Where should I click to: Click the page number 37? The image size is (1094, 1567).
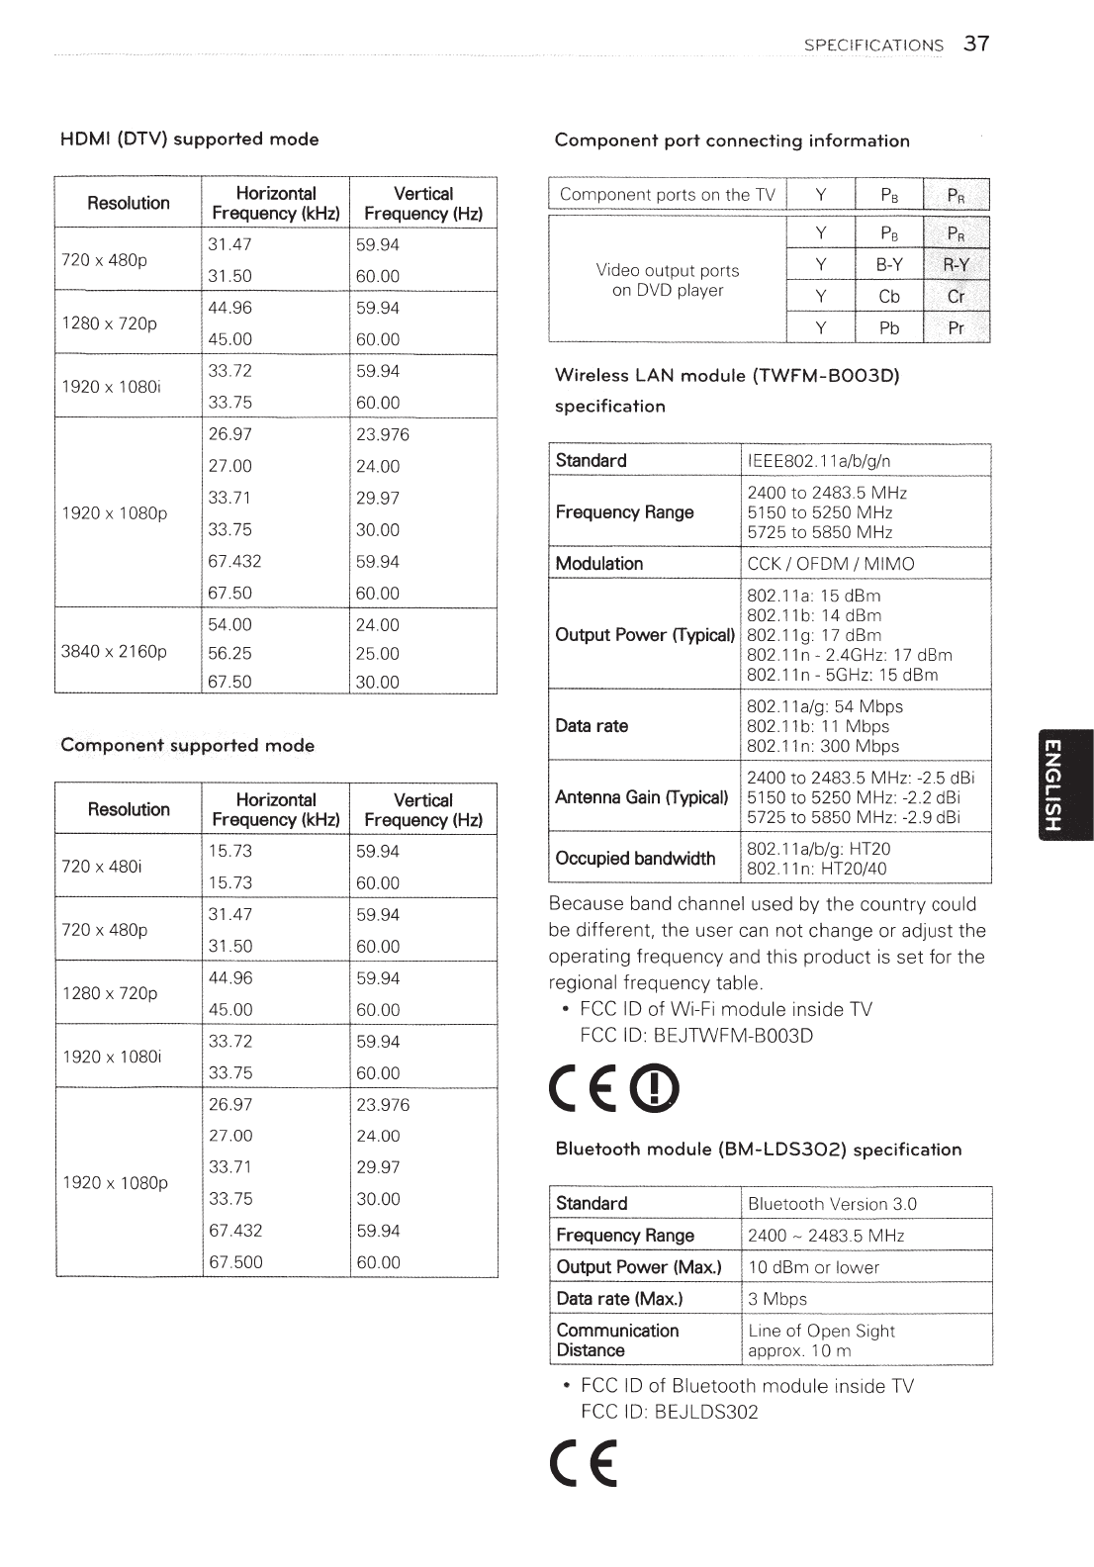coord(976,44)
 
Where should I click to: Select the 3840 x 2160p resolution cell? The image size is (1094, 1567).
coord(115,652)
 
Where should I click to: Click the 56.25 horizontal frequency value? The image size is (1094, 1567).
coord(230,653)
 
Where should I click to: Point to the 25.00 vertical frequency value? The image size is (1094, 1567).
coord(378,653)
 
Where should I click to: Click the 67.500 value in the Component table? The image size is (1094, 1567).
coord(235,1261)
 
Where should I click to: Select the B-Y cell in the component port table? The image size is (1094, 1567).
coord(889,264)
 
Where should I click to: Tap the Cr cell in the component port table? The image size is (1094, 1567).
coord(956,296)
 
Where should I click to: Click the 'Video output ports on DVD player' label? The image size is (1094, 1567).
coord(668,280)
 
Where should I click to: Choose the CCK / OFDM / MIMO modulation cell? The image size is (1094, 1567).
coord(831,563)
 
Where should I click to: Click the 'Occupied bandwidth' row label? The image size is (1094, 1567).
coord(635,858)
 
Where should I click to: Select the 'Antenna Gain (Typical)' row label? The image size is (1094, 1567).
coord(642,796)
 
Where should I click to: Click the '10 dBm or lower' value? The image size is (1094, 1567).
coord(814,1266)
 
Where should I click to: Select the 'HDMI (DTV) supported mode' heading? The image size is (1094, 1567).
coord(190,138)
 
